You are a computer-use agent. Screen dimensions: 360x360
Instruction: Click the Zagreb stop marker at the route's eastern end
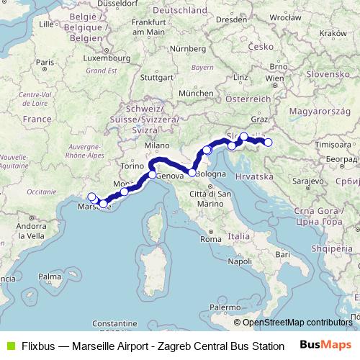click(x=269, y=142)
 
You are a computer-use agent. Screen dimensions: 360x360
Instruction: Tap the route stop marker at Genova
click(x=153, y=175)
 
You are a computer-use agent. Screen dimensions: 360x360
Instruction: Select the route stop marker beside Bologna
click(x=192, y=173)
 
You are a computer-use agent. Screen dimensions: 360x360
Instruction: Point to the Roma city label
click(x=210, y=238)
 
